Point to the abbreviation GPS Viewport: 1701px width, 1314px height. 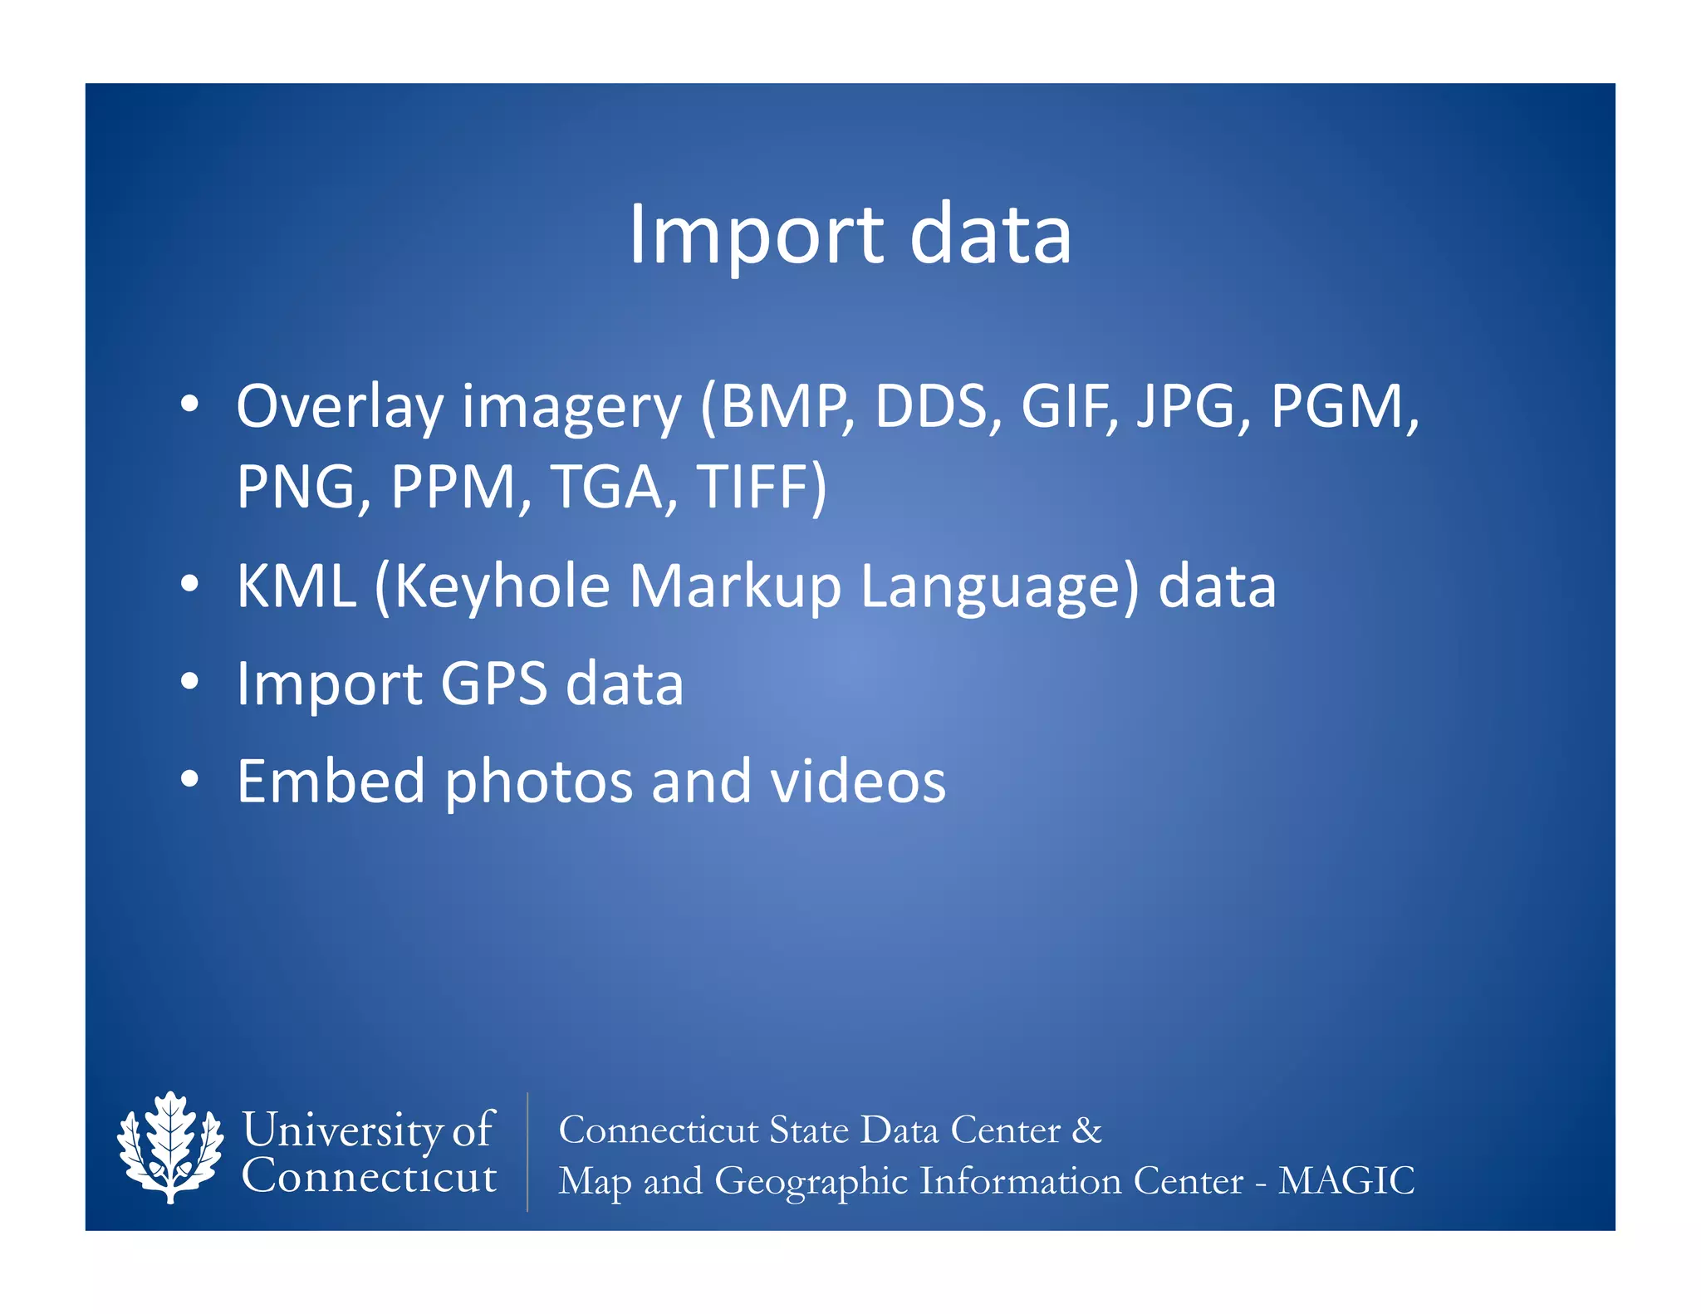[493, 684]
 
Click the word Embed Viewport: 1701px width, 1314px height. [331, 782]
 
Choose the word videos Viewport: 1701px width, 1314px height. [858, 782]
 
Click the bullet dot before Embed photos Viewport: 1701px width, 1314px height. [190, 780]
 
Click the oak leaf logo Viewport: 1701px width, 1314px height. [170, 1148]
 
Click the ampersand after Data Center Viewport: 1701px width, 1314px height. [1086, 1130]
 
